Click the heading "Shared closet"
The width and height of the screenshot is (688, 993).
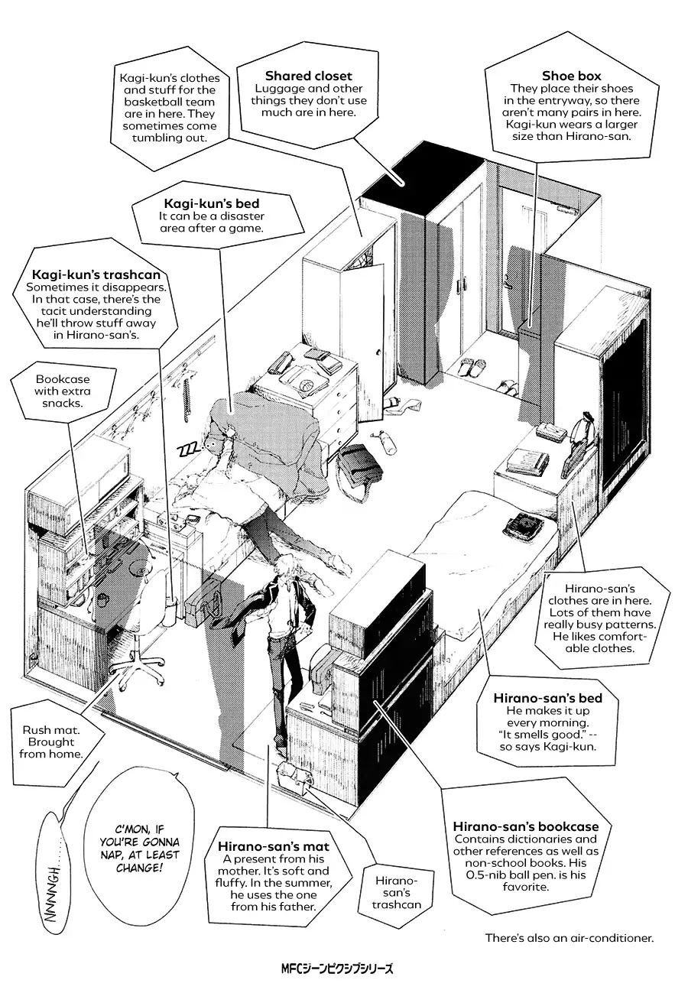pos(308,76)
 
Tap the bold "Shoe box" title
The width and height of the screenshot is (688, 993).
pos(571,76)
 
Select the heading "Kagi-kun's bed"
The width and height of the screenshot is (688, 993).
pos(211,204)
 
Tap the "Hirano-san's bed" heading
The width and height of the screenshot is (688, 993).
pos(547,698)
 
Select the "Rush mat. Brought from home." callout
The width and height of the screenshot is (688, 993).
pos(48,742)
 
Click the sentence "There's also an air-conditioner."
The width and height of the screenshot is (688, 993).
pos(570,938)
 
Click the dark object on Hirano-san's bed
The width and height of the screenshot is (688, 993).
pos(523,526)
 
